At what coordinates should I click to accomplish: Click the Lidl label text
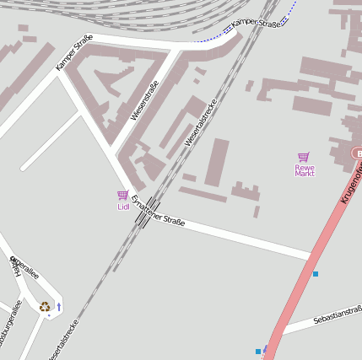(123, 207)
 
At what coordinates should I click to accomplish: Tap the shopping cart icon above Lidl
(123, 196)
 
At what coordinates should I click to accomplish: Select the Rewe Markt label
(304, 169)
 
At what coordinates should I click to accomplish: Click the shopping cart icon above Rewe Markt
(304, 157)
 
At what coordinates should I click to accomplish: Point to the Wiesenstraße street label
(145, 100)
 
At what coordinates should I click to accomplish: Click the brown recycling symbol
(44, 307)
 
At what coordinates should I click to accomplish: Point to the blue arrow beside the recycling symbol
(59, 306)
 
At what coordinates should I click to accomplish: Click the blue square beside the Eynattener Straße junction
(316, 274)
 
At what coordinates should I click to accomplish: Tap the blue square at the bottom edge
(258, 351)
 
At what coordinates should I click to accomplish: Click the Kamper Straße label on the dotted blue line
(257, 23)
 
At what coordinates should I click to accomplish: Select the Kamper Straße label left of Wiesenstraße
(74, 52)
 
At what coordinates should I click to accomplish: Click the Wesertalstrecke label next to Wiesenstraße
(201, 123)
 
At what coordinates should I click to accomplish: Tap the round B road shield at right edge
(357, 153)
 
